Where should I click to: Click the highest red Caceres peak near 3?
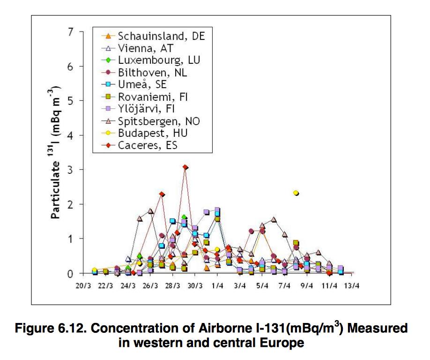pyautogui.click(x=185, y=167)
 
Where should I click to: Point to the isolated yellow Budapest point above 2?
pyautogui.click(x=296, y=193)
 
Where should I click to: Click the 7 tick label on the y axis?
pyautogui.click(x=71, y=32)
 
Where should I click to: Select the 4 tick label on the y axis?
pyautogui.click(x=71, y=135)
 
